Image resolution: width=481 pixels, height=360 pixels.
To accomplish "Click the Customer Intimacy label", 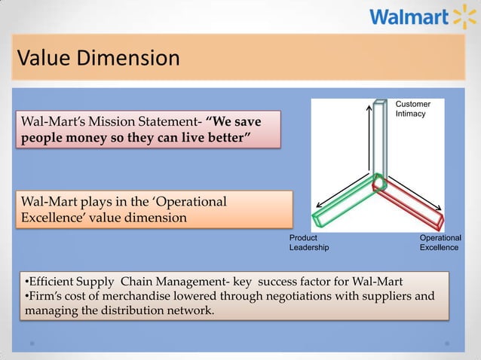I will point(412,108).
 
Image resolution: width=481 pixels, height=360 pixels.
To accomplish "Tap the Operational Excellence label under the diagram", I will point(440,242).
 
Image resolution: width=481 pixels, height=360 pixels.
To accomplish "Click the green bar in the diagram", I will point(343,204).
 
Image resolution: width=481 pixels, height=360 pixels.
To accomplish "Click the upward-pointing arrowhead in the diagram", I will point(369,108).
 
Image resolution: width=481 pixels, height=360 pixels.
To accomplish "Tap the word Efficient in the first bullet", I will point(50,282).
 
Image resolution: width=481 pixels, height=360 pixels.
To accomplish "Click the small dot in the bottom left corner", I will point(32,343).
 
